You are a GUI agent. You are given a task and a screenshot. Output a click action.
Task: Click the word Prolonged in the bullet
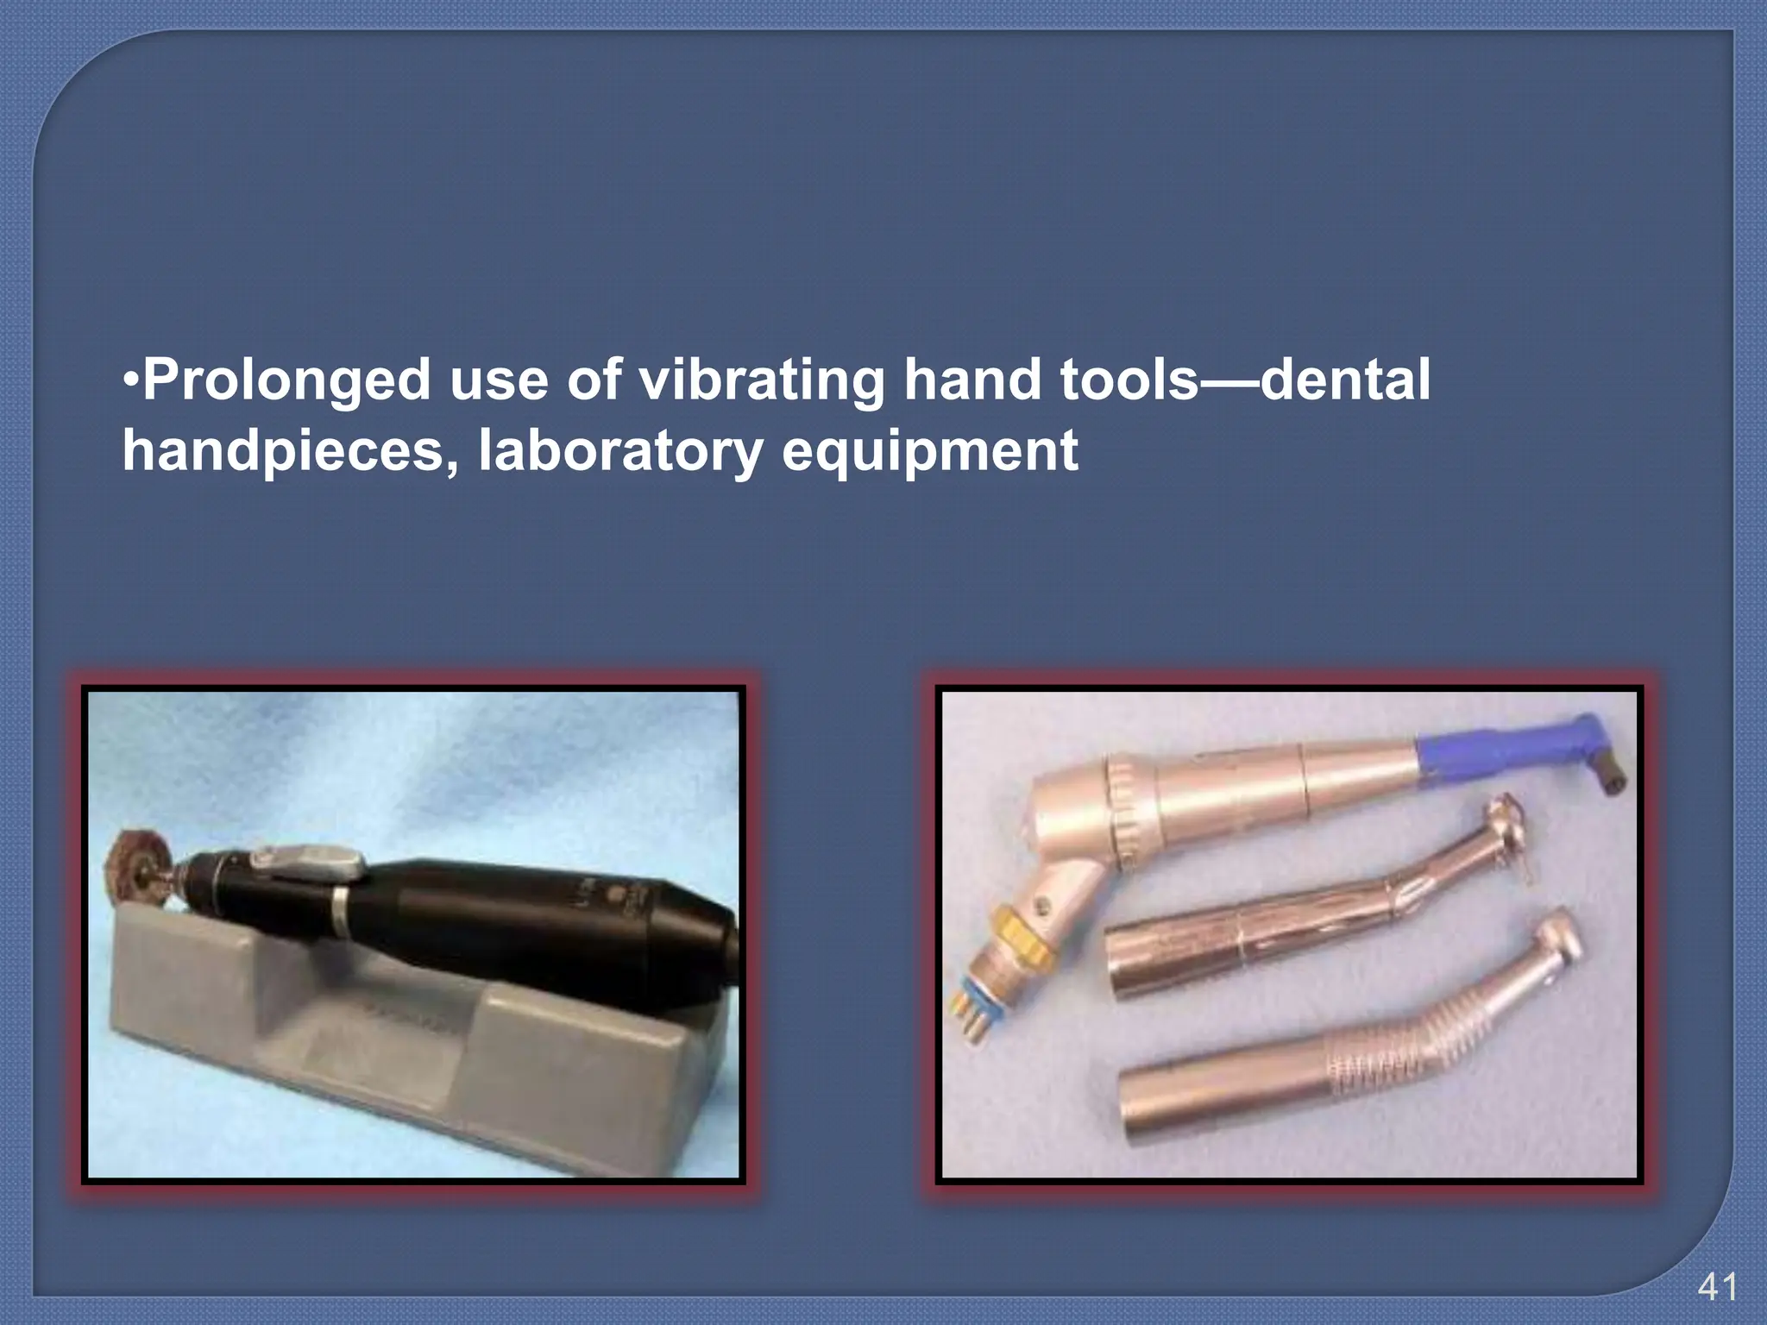pyautogui.click(x=286, y=380)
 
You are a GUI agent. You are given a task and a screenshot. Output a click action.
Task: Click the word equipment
pyautogui.click(x=929, y=451)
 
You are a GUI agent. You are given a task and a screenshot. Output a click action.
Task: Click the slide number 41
pyautogui.click(x=1717, y=1288)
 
